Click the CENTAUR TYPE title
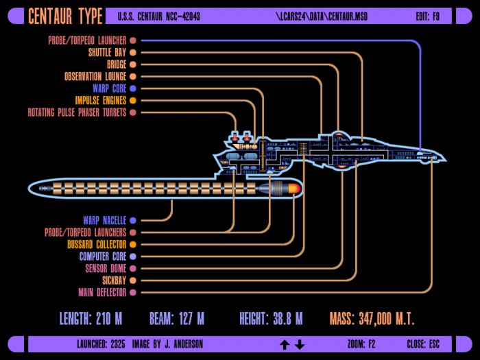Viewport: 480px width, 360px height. (65, 16)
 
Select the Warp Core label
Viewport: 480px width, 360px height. (109, 88)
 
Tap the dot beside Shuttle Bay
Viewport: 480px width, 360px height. (133, 52)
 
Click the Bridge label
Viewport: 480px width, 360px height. (117, 64)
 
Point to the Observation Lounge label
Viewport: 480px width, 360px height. (95, 76)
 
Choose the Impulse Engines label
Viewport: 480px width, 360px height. (100, 100)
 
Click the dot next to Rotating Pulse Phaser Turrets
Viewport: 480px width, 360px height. (133, 112)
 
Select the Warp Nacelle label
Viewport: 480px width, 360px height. (105, 220)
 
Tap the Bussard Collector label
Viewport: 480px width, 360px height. (97, 244)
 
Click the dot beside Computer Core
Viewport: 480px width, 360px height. (133, 256)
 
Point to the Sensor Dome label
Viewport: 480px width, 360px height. (106, 269)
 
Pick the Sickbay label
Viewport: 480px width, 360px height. (115, 280)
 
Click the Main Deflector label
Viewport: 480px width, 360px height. (102, 292)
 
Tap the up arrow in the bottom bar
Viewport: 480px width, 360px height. (285, 345)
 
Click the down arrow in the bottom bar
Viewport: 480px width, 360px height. (300, 345)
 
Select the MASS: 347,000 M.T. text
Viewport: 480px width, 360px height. (372, 319)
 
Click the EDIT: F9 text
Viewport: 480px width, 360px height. (428, 16)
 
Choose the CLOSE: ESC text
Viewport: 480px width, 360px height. (423, 344)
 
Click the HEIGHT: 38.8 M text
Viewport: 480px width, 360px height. (271, 319)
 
